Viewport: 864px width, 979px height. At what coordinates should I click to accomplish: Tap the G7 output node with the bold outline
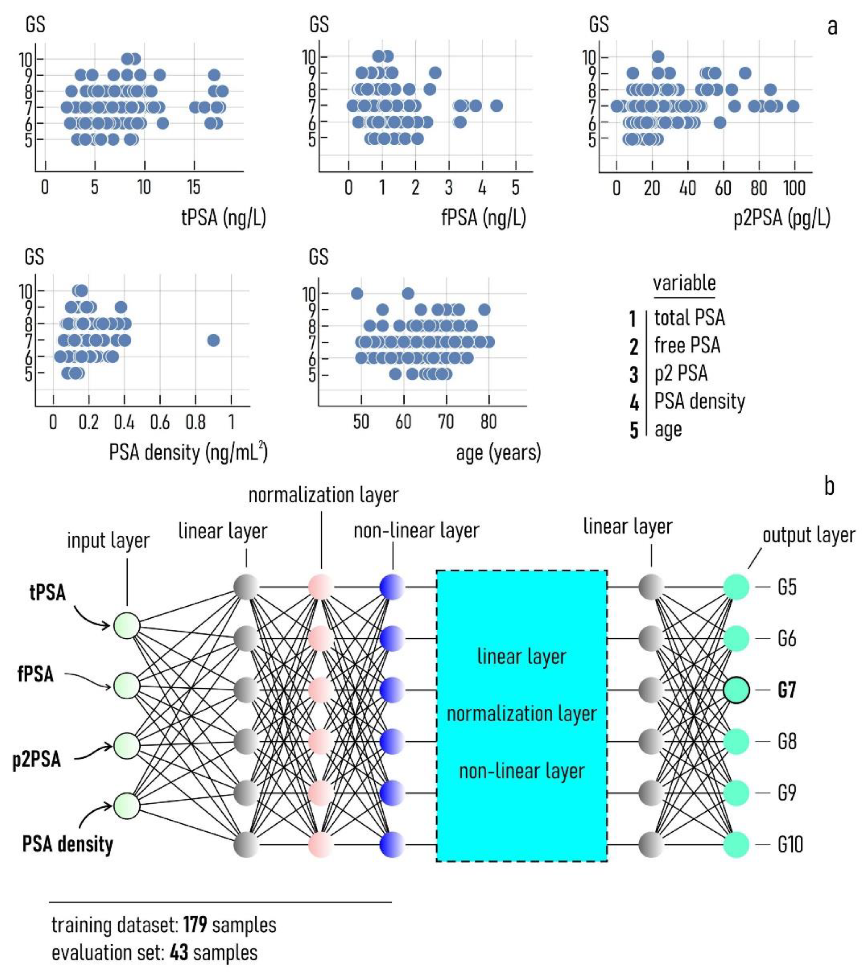point(736,690)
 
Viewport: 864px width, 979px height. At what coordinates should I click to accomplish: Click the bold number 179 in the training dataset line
point(195,925)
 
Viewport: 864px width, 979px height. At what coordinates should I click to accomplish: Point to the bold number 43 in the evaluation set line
point(179,953)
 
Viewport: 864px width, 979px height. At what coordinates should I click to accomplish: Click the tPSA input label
point(48,592)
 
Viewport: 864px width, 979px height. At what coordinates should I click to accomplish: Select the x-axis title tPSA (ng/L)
point(223,218)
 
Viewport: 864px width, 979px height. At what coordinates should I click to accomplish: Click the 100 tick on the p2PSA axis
point(794,188)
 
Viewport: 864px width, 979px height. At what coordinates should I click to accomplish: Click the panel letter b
point(829,486)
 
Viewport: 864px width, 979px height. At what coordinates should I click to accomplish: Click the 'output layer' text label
point(808,535)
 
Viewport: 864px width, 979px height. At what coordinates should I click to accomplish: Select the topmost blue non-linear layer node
point(392,587)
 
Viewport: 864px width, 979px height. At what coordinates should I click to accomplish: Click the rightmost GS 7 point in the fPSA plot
point(496,105)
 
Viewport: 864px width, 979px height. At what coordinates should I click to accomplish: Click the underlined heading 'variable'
point(684,283)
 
